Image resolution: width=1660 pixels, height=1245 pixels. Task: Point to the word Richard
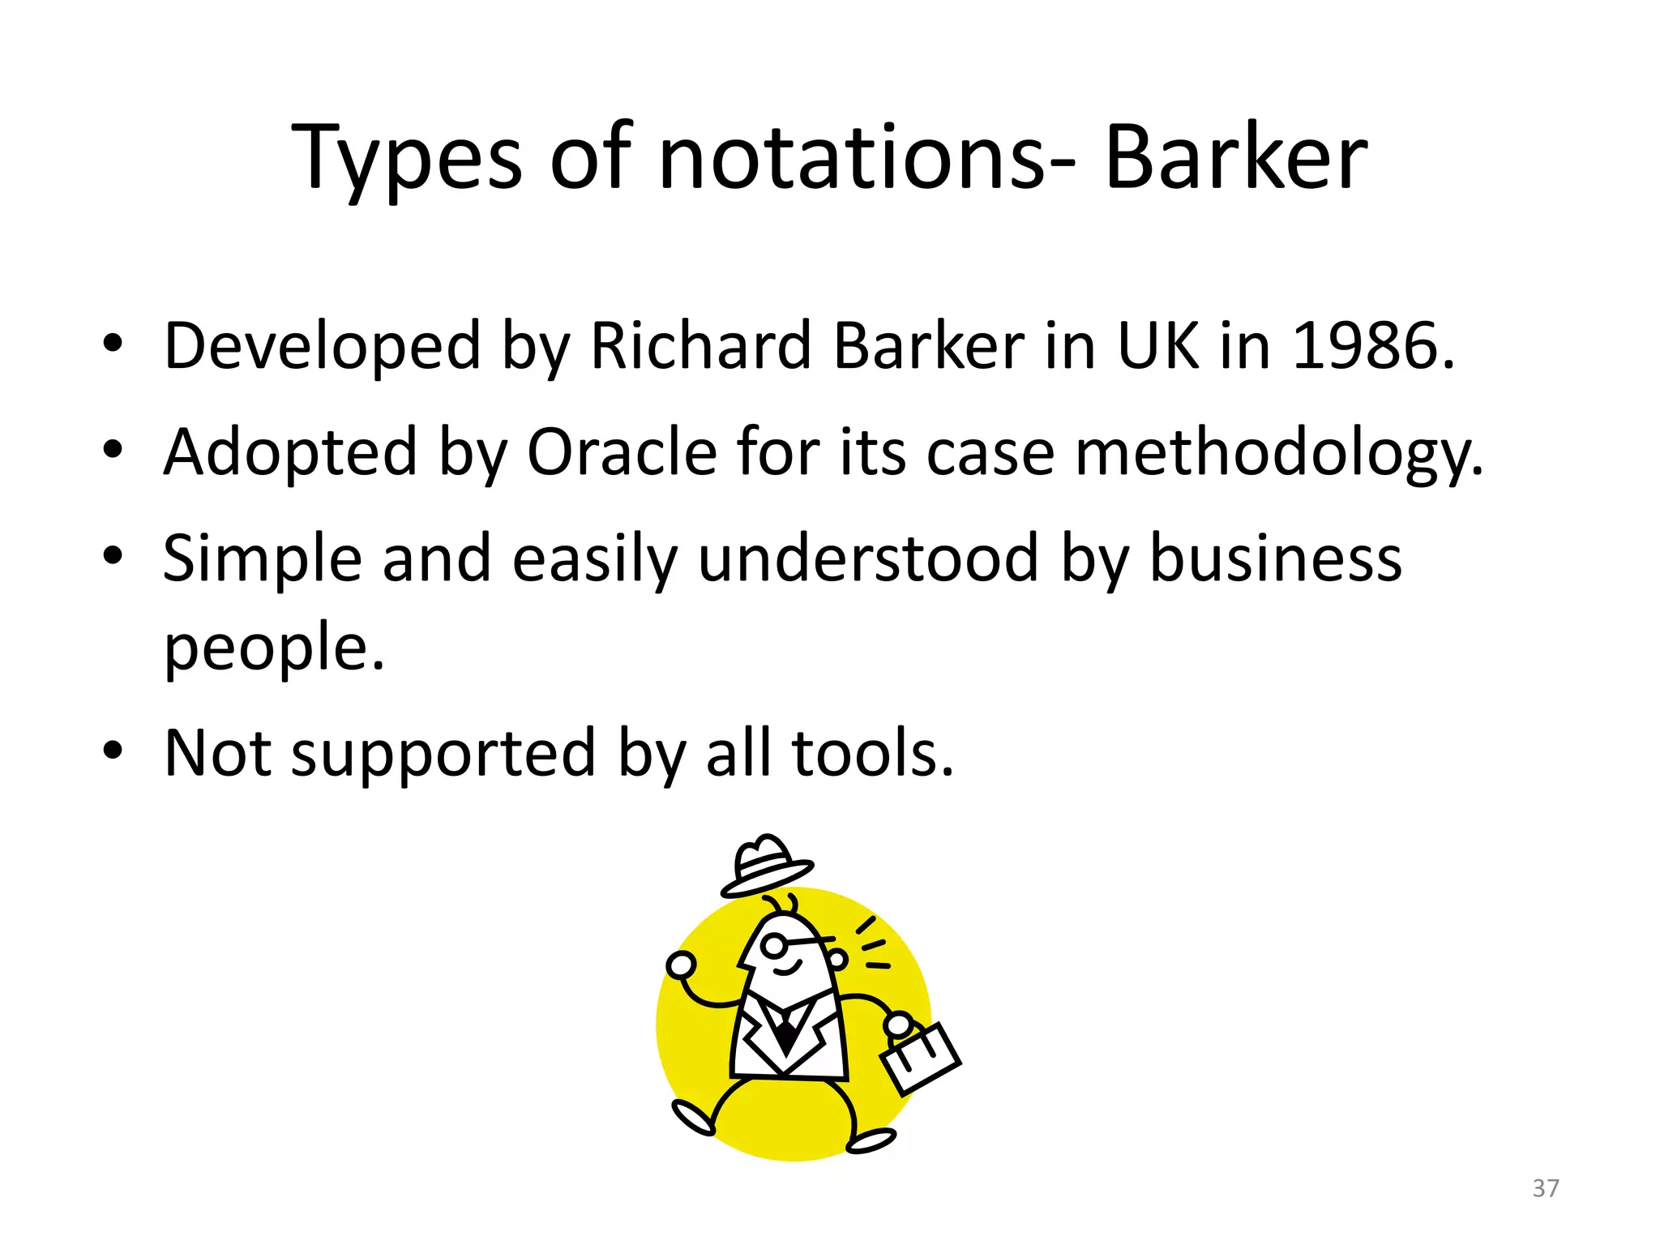pos(700,346)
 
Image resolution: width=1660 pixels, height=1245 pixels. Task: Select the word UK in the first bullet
pos(1157,346)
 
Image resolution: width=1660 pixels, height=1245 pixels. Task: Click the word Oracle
pos(622,451)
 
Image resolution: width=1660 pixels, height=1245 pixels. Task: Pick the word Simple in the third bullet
pos(262,559)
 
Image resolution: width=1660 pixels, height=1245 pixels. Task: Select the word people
pos(273,648)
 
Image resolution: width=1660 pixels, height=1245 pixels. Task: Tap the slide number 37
pos(1545,1188)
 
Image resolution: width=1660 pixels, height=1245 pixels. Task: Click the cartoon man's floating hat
pos(765,866)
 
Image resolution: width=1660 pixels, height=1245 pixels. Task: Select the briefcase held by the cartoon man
pos(920,1057)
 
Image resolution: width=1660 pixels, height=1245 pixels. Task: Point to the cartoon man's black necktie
pos(785,1034)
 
